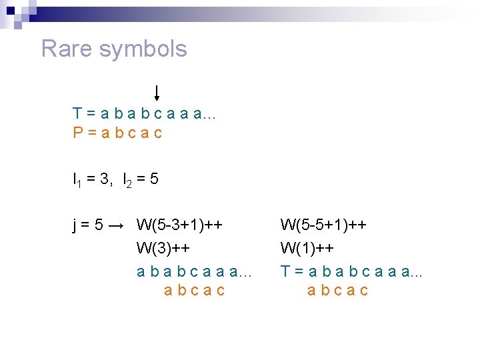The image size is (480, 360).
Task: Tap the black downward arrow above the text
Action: click(x=156, y=93)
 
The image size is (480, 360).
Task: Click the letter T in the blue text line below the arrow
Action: click(x=78, y=114)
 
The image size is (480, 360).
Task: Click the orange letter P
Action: click(x=78, y=133)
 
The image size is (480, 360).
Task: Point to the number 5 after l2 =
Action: click(x=154, y=179)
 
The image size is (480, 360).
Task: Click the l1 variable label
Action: click(x=77, y=180)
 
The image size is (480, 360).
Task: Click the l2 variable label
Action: click(x=127, y=180)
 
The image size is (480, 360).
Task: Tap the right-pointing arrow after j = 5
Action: click(x=116, y=225)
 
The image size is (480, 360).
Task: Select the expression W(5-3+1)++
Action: click(x=179, y=225)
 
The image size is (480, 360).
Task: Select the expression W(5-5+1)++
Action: click(x=323, y=225)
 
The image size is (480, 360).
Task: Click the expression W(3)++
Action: click(x=163, y=248)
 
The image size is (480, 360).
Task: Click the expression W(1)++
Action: click(x=307, y=248)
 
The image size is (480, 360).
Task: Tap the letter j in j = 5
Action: click(x=75, y=225)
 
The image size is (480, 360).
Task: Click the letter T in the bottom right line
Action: click(x=285, y=271)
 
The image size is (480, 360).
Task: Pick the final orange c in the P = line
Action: click(x=157, y=133)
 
